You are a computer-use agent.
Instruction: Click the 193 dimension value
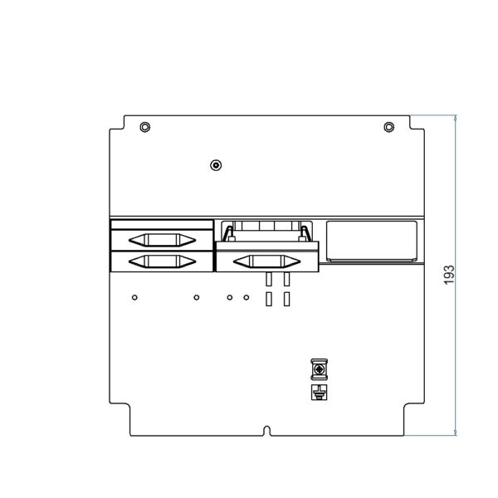pyautogui.click(x=449, y=275)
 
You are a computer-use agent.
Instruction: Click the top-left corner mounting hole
pyautogui.click(x=145, y=127)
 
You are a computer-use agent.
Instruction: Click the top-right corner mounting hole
pyautogui.click(x=389, y=127)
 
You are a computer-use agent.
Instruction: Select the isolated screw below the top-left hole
pyautogui.click(x=216, y=165)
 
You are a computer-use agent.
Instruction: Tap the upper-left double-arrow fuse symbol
pyautogui.click(x=162, y=240)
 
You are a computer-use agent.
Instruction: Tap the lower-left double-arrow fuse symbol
pyautogui.click(x=162, y=261)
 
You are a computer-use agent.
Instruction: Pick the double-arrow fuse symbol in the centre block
pyautogui.click(x=266, y=261)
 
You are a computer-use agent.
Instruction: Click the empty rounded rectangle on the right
pyautogui.click(x=372, y=241)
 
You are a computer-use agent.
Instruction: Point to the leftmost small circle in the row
pyautogui.click(x=134, y=298)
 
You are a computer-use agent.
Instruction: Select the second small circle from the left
pyautogui.click(x=197, y=298)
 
